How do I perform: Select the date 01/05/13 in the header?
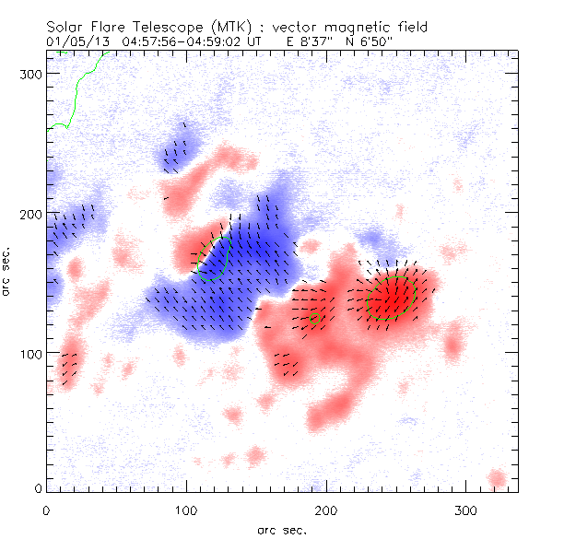(x=72, y=41)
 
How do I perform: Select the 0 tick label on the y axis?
(x=37, y=489)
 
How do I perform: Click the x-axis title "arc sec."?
(x=281, y=529)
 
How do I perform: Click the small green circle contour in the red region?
(x=315, y=319)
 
